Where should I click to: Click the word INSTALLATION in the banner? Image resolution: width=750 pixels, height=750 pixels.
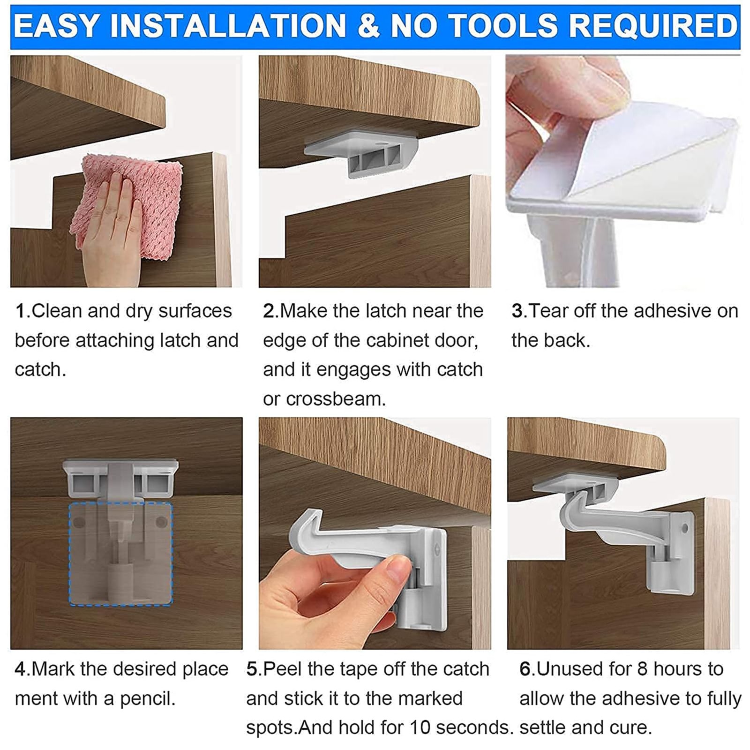click(228, 26)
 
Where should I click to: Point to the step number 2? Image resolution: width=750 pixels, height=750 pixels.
click(269, 311)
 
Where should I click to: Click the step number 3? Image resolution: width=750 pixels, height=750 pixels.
click(517, 311)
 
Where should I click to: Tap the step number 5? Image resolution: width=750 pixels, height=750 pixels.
click(252, 669)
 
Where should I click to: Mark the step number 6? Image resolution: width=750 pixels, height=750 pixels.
click(525, 669)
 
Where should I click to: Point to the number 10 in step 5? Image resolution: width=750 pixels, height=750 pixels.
click(420, 727)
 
